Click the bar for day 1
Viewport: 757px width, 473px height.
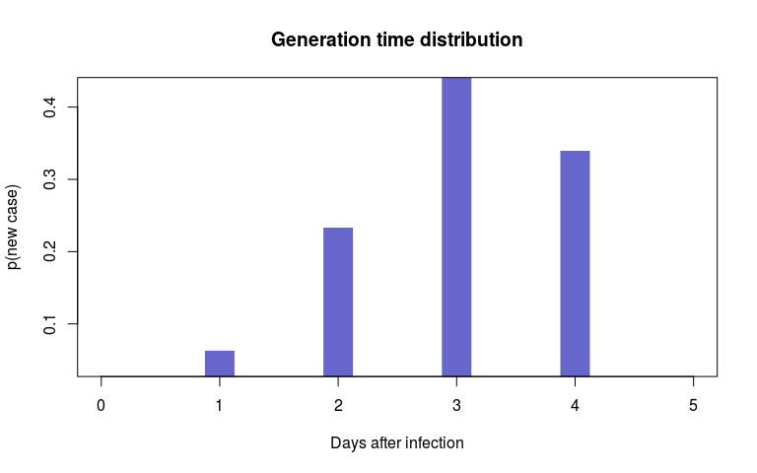(x=220, y=364)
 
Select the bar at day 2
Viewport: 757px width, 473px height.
(x=338, y=303)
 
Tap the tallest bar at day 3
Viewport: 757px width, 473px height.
(x=456, y=227)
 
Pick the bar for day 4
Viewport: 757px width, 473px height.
(x=575, y=263)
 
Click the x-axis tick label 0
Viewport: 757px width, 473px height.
(x=101, y=405)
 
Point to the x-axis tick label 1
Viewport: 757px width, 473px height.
(x=219, y=405)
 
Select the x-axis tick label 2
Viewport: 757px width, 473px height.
(x=338, y=405)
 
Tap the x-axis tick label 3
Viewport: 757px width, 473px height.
(x=456, y=405)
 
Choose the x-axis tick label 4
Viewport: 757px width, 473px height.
(x=575, y=405)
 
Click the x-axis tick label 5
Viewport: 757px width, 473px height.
(x=693, y=405)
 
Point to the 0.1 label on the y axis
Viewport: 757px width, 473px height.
(x=49, y=324)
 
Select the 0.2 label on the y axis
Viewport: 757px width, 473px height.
(x=49, y=251)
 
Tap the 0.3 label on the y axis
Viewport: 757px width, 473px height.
(x=49, y=179)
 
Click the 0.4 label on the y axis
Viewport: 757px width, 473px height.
(x=49, y=106)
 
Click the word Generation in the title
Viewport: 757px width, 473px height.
(x=320, y=39)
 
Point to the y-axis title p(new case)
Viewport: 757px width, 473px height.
(x=13, y=227)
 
